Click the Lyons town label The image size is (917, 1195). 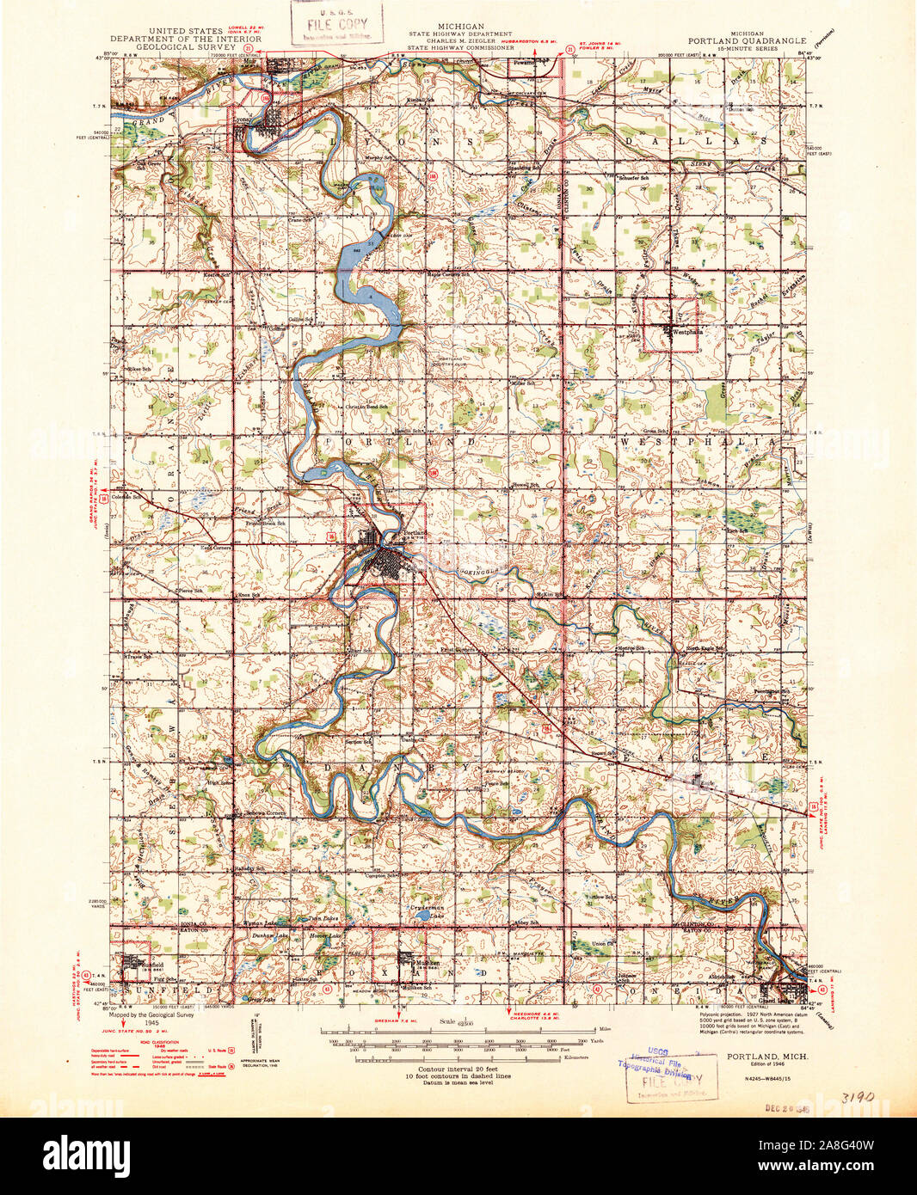tap(246, 121)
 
